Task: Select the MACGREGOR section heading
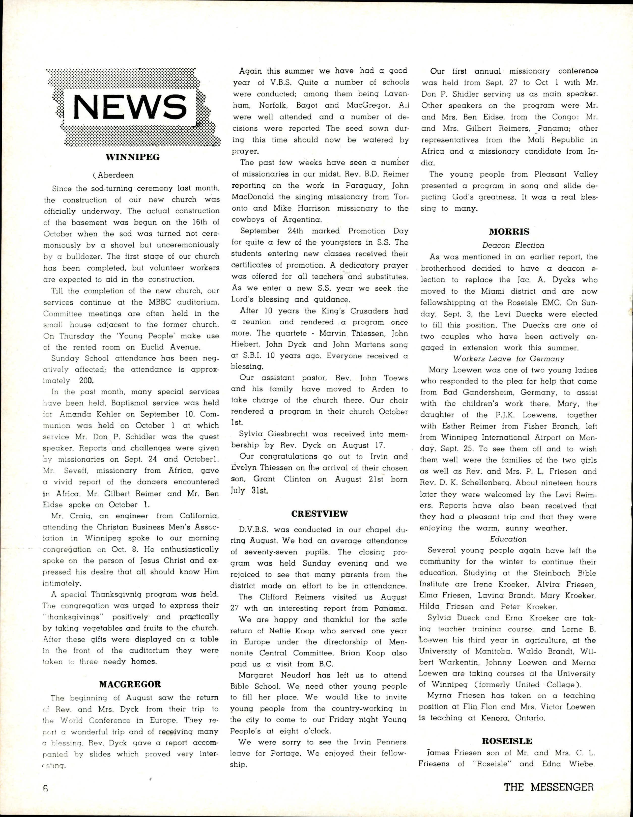[130, 685]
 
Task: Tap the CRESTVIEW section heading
[320, 514]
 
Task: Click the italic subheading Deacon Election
[513, 245]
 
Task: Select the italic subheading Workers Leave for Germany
[508, 358]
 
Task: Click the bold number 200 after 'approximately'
[88, 381]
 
